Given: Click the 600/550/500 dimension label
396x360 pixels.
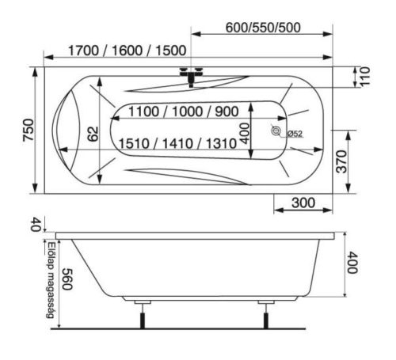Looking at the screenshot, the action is coord(263,28).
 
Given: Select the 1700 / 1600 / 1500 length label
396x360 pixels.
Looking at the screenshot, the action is coord(128,51).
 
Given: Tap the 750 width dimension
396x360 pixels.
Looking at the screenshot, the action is coord(29,130).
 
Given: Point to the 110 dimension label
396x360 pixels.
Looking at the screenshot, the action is coord(365,77).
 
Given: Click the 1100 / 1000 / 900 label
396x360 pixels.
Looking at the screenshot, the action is coord(184,112).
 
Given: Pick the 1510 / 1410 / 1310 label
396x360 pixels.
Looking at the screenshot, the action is coord(177,143).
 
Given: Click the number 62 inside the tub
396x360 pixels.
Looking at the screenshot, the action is coord(93,134).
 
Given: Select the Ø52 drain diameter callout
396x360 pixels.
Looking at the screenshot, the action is coord(294,134).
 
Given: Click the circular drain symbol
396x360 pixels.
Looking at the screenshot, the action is coord(276,131).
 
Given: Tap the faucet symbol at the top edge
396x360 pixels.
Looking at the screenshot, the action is coord(191,76).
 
